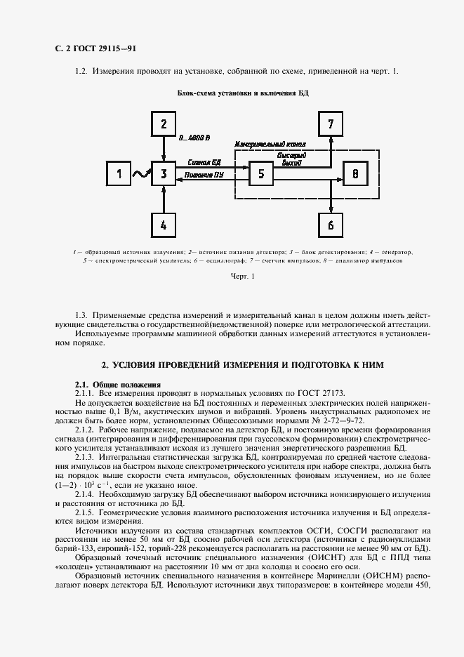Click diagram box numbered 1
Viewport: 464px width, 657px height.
(119, 173)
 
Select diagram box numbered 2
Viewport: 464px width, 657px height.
(164, 124)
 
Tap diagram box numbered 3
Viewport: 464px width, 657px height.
(164, 173)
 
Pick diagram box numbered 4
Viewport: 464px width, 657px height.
(164, 225)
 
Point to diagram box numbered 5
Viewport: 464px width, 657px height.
(261, 173)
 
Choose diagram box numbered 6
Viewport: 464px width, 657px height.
(331, 225)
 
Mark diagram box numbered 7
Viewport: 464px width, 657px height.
(331, 124)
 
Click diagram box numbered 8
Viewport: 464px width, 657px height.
(355, 173)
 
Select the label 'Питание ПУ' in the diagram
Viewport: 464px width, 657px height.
(204, 175)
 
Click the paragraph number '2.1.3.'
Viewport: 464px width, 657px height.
(89, 458)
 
